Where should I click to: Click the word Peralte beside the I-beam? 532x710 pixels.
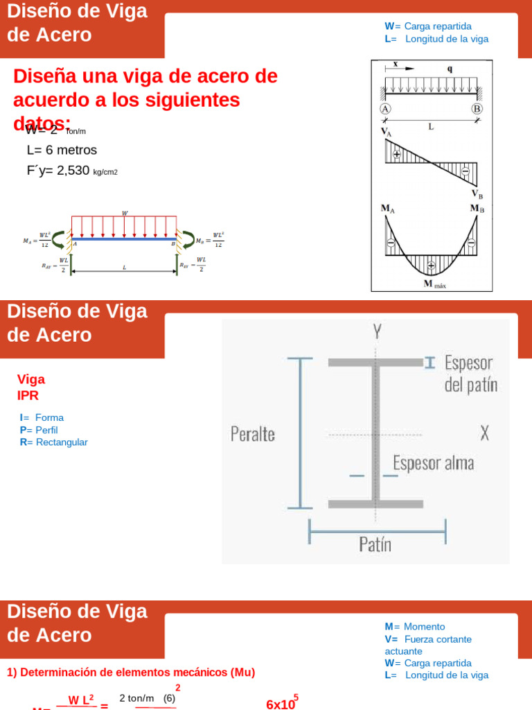tap(252, 434)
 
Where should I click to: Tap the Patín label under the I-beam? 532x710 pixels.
tap(375, 544)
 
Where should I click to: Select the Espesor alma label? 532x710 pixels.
tap(433, 463)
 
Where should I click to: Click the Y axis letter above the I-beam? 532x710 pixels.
tap(376, 331)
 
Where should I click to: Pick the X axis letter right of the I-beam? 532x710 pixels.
tap(485, 433)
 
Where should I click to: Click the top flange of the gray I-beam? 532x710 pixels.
tap(375, 362)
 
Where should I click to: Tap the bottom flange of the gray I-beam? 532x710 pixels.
tap(375, 503)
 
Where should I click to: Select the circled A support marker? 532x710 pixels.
tap(386, 109)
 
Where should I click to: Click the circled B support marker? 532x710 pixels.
tap(477, 109)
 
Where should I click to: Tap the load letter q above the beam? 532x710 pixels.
tap(450, 69)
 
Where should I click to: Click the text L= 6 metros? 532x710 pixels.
tap(62, 150)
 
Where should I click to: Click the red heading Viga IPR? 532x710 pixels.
tap(30, 387)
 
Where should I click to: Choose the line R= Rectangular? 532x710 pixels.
tap(54, 442)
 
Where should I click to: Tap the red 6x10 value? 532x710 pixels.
tap(281, 704)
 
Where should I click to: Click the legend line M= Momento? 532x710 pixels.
tap(415, 626)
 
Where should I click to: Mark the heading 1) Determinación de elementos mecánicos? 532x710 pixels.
tap(131, 672)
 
